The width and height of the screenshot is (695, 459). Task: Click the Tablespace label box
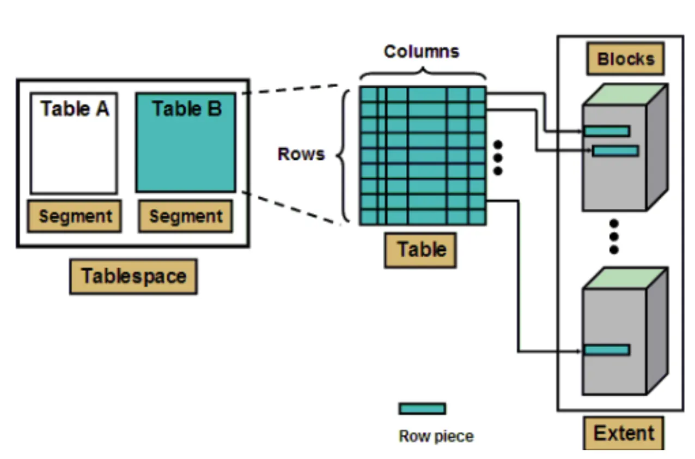[133, 276]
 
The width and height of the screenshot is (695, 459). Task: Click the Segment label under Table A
[75, 216]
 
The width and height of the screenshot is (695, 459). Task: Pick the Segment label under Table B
[186, 216]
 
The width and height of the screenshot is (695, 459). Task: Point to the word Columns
[422, 51]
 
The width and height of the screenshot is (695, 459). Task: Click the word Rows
[301, 154]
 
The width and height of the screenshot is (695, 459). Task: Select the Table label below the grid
[420, 250]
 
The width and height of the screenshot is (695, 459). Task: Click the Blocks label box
[625, 59]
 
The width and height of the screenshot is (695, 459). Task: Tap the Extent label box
[624, 434]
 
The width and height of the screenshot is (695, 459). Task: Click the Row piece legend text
[436, 436]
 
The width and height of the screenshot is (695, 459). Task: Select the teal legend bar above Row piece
[422, 408]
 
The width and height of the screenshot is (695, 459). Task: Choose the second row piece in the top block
[615, 150]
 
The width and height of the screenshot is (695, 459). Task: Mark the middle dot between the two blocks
[614, 237]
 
